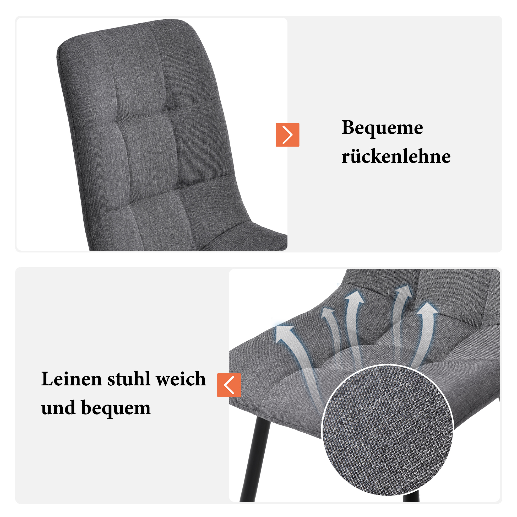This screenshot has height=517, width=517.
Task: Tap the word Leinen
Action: point(72,379)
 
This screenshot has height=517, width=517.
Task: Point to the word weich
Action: point(181,379)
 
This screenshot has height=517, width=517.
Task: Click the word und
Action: point(58,408)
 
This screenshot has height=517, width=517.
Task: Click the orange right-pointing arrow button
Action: point(287,135)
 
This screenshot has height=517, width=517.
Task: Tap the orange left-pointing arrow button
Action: point(229,385)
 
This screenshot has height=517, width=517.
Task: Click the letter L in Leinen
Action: point(47,379)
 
